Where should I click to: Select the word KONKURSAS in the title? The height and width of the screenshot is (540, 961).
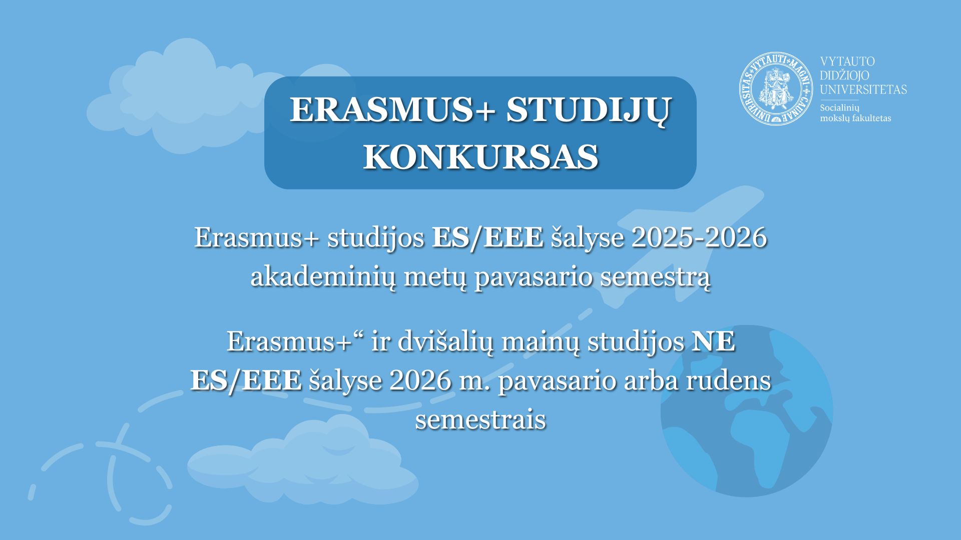[480, 157]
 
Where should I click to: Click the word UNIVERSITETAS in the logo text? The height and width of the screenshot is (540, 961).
[863, 89]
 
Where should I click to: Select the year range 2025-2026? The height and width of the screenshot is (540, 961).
[699, 237]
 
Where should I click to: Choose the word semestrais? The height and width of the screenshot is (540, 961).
[480, 420]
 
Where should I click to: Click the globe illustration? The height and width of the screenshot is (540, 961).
[747, 411]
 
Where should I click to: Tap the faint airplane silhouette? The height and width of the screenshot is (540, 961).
[681, 245]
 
